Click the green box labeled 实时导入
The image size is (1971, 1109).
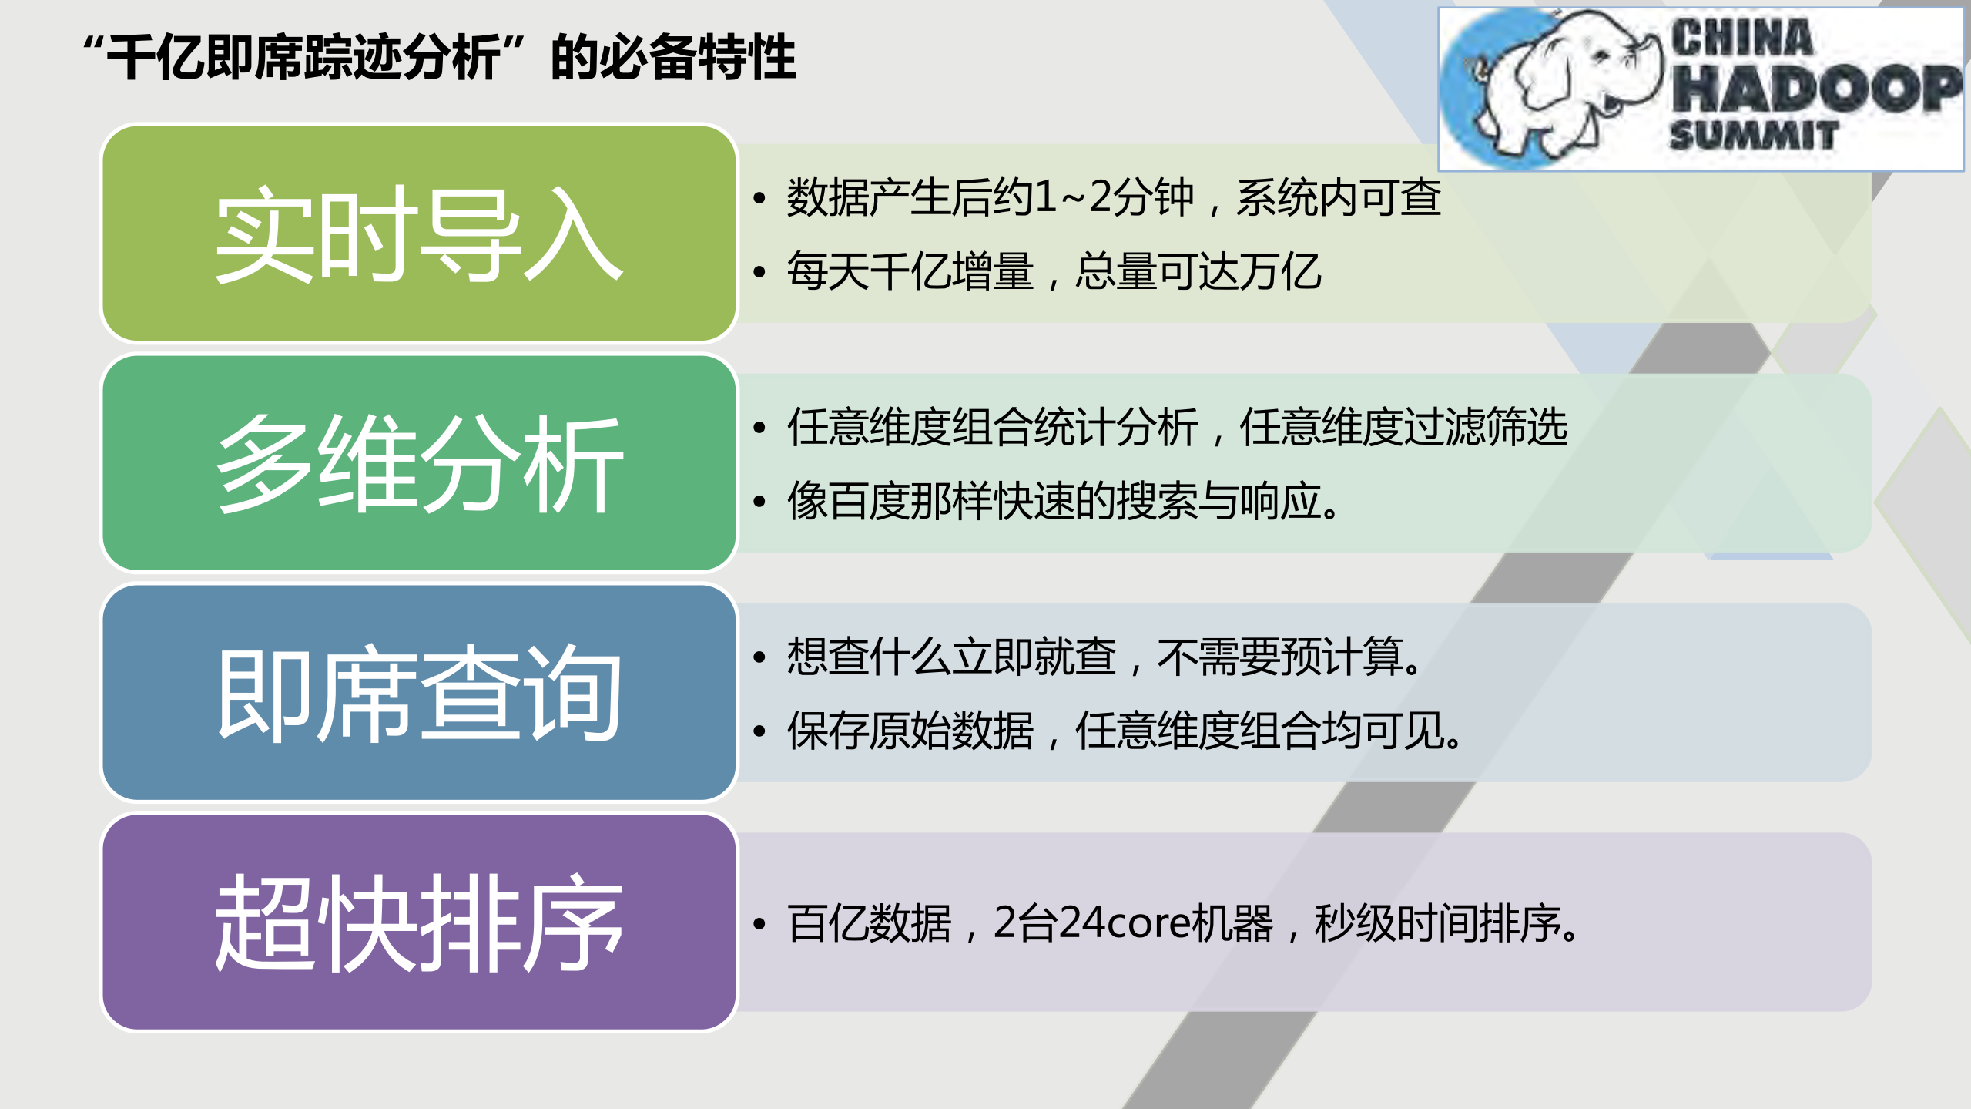pos(419,234)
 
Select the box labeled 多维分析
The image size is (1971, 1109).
pos(419,463)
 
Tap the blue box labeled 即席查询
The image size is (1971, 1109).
pos(419,692)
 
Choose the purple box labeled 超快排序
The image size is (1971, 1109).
pos(419,922)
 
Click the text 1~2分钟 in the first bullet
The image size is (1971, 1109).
pos(1114,197)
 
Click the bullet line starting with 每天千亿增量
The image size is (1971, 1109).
pos(1054,271)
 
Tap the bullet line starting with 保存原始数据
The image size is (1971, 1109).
pos(1123,731)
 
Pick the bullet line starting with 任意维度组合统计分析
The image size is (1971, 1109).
pos(1177,427)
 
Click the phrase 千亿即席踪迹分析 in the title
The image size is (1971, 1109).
pos(303,57)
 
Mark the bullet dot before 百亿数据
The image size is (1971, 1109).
pos(759,923)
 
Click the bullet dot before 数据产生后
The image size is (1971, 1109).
pos(759,198)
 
